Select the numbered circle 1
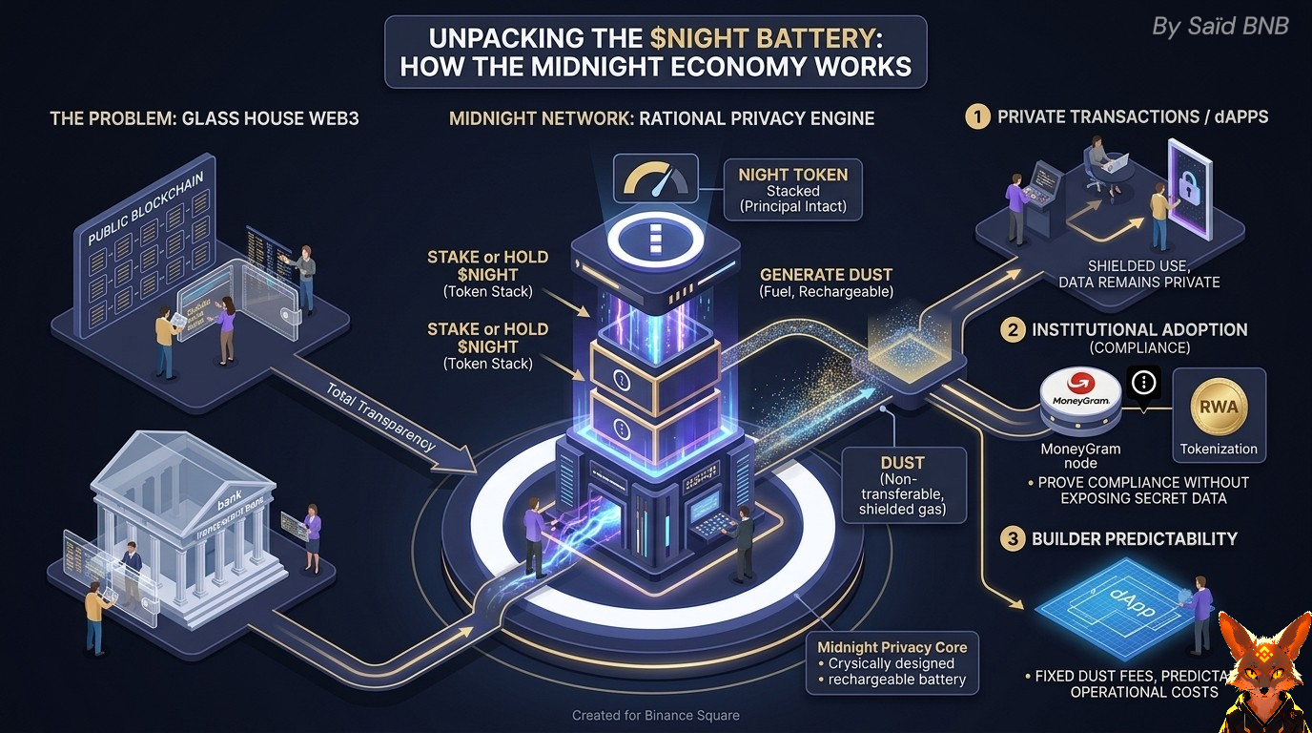tap(977, 117)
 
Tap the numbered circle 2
tap(1012, 330)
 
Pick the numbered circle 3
tap(1012, 539)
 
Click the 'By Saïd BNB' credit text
tap(1220, 27)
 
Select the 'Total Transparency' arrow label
tap(380, 417)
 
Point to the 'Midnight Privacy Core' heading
tap(892, 647)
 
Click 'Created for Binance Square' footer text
tap(655, 715)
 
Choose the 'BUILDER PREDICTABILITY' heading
tap(1134, 539)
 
